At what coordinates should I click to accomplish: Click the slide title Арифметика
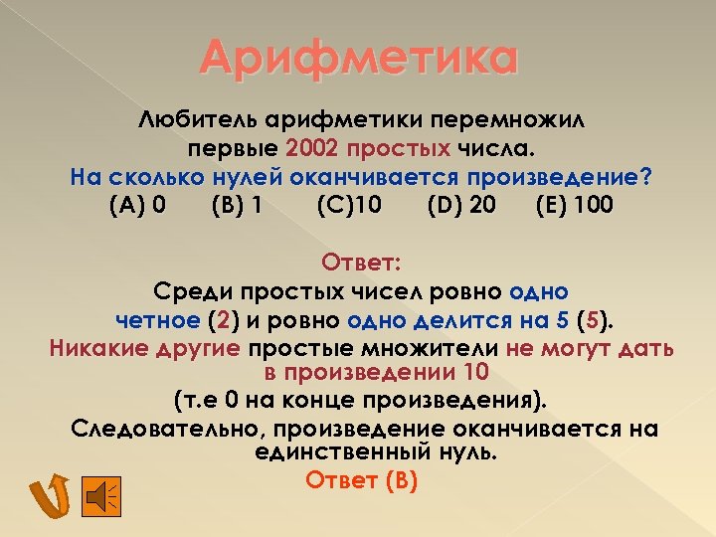point(359,57)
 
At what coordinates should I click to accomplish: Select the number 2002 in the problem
point(312,149)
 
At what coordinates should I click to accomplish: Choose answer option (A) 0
point(134,206)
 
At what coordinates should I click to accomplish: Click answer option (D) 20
point(461,206)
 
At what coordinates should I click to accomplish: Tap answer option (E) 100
point(574,206)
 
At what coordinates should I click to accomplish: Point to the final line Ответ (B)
point(361,479)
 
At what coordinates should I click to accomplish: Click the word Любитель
point(198,121)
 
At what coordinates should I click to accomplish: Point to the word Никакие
point(94,348)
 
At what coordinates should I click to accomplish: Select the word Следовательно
point(168,429)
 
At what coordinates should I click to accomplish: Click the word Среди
point(191,292)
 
